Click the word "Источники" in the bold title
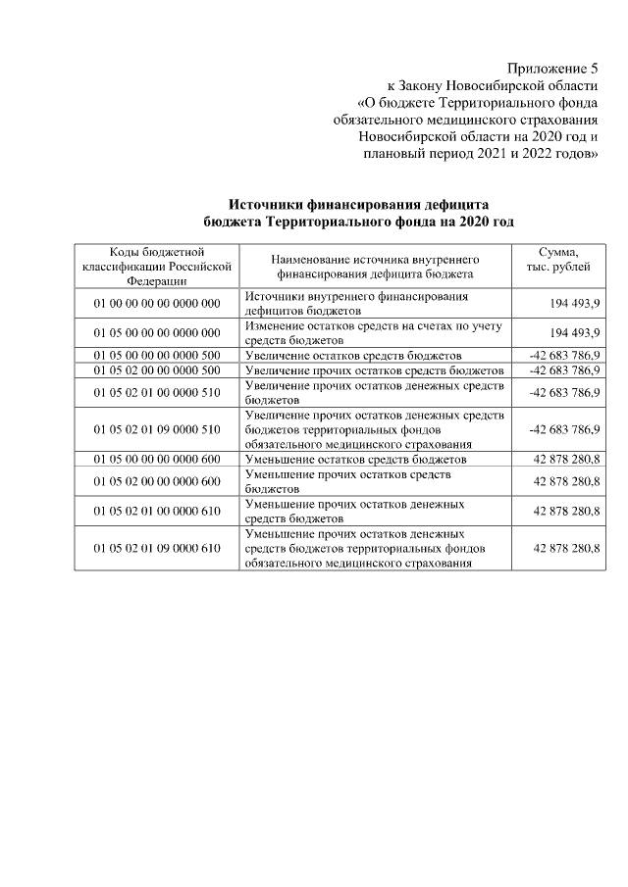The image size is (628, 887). tap(269, 205)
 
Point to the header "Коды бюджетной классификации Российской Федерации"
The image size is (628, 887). tap(156, 267)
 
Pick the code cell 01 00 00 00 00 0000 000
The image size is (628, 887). tap(157, 303)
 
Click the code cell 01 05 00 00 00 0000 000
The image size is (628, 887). tap(157, 332)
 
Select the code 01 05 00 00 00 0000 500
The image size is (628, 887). tap(157, 355)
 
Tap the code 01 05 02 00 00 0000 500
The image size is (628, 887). tap(157, 370)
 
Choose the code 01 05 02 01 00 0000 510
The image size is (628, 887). tap(157, 393)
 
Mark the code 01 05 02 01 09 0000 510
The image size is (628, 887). tap(157, 429)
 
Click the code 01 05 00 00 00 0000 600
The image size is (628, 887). tap(157, 459)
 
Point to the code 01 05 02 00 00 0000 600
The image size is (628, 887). tap(157, 481)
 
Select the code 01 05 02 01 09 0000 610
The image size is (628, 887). tap(157, 548)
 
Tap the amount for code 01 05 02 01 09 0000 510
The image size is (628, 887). tap(564, 429)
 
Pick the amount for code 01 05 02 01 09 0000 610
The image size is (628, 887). tap(567, 548)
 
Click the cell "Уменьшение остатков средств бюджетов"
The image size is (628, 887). tap(355, 459)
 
